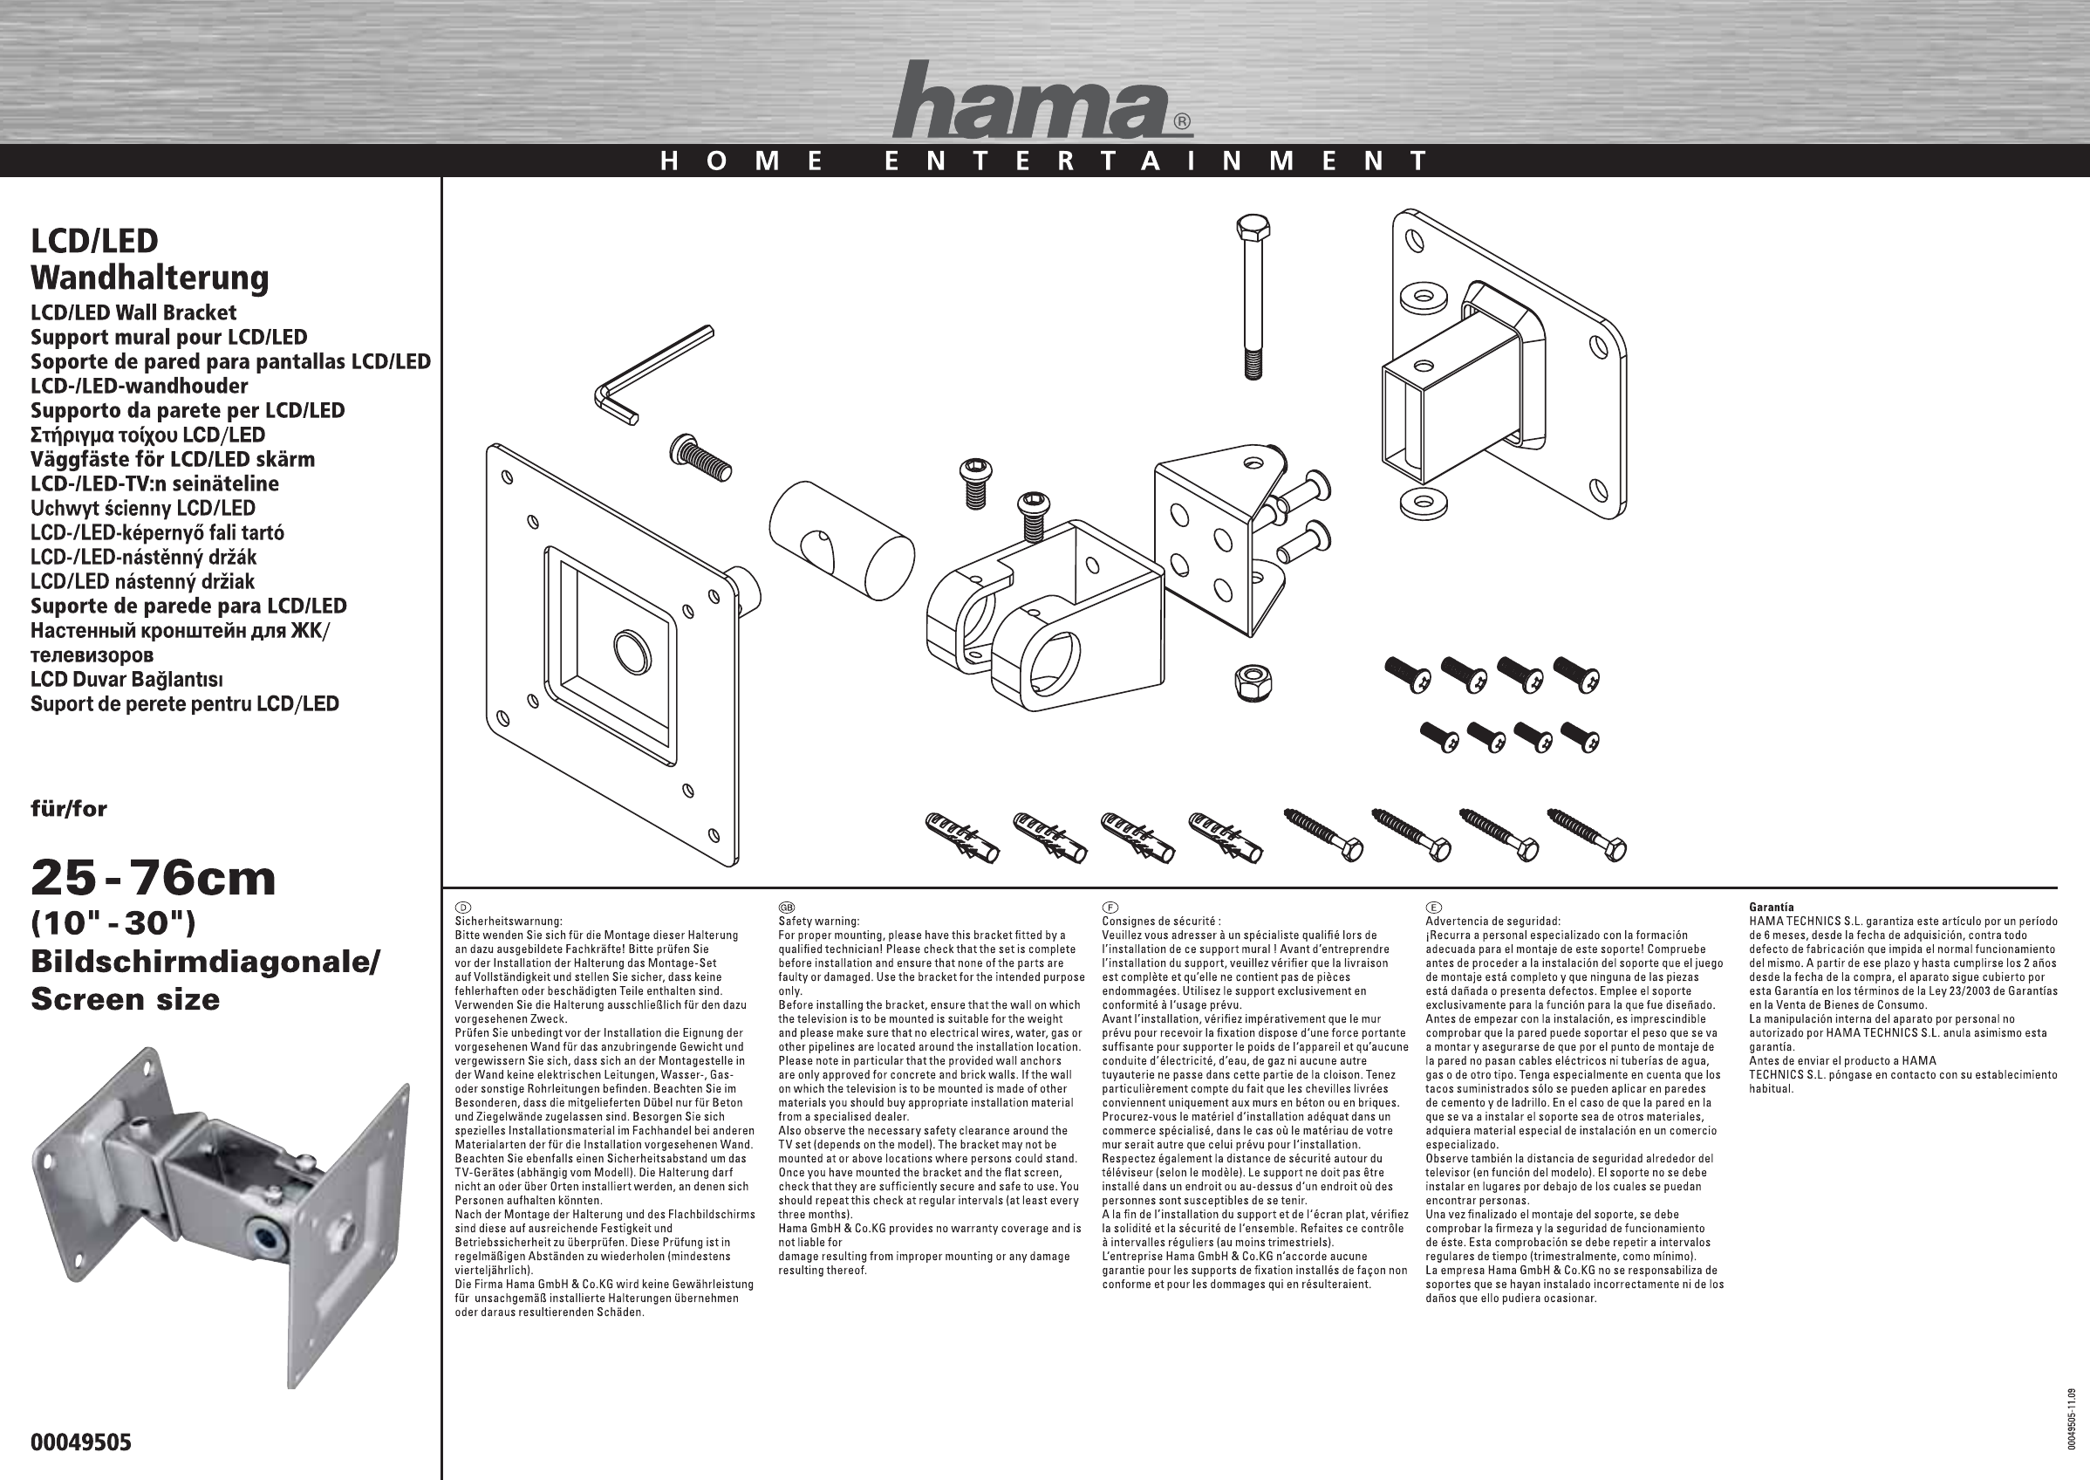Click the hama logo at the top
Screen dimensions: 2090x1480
click(1042, 99)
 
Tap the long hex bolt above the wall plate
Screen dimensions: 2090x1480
click(1253, 297)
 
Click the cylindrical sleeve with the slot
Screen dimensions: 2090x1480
click(841, 539)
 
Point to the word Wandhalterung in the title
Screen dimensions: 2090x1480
click(149, 277)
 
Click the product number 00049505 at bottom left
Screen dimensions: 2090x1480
click(81, 1442)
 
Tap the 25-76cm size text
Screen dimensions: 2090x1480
click(153, 879)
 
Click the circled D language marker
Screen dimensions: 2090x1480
click(463, 908)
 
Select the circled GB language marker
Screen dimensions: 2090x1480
click(787, 908)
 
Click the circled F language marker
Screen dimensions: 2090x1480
click(1110, 908)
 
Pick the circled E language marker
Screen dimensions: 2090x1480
click(1433, 908)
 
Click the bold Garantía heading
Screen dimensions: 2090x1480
click(1771, 908)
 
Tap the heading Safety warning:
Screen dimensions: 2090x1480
click(819, 922)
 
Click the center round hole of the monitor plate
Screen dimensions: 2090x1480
click(632, 651)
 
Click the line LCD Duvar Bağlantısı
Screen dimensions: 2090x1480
click(126, 679)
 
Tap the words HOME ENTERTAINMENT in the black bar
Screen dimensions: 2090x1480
click(1044, 161)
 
